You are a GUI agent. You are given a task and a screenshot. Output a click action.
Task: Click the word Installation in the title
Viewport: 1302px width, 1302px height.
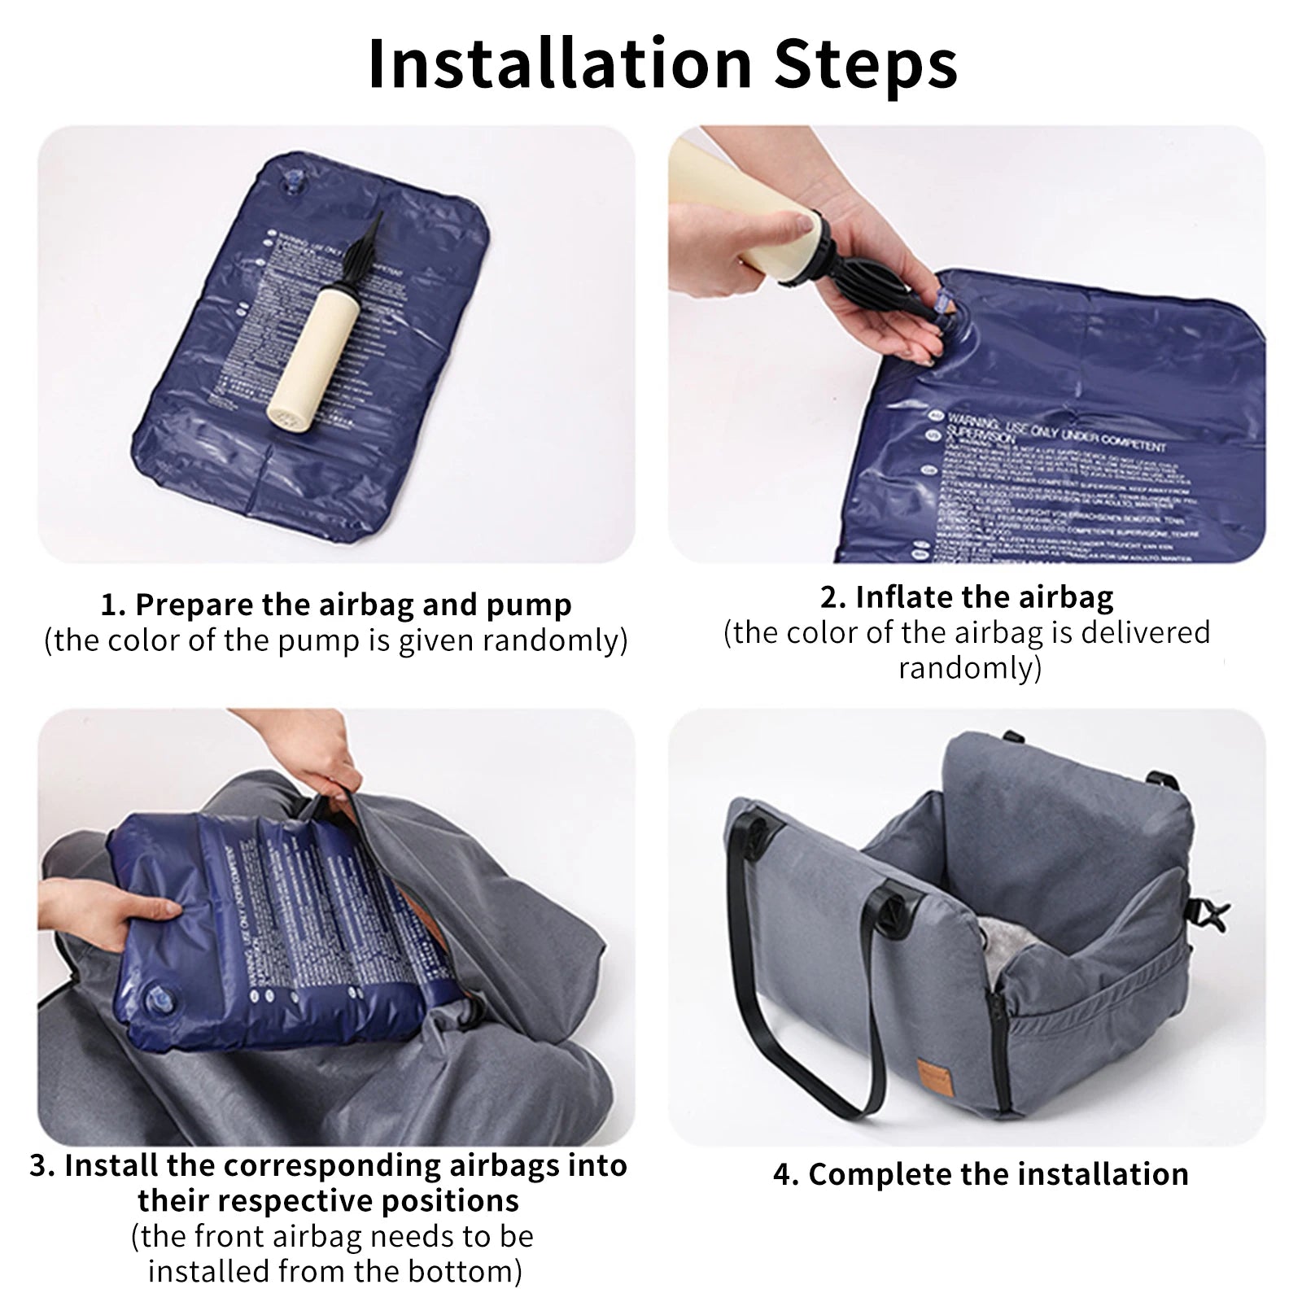(x=560, y=65)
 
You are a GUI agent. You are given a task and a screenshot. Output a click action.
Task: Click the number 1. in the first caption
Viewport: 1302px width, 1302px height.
(x=114, y=605)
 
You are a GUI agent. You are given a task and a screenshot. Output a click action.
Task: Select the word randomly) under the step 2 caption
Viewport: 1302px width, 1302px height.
(x=969, y=668)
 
